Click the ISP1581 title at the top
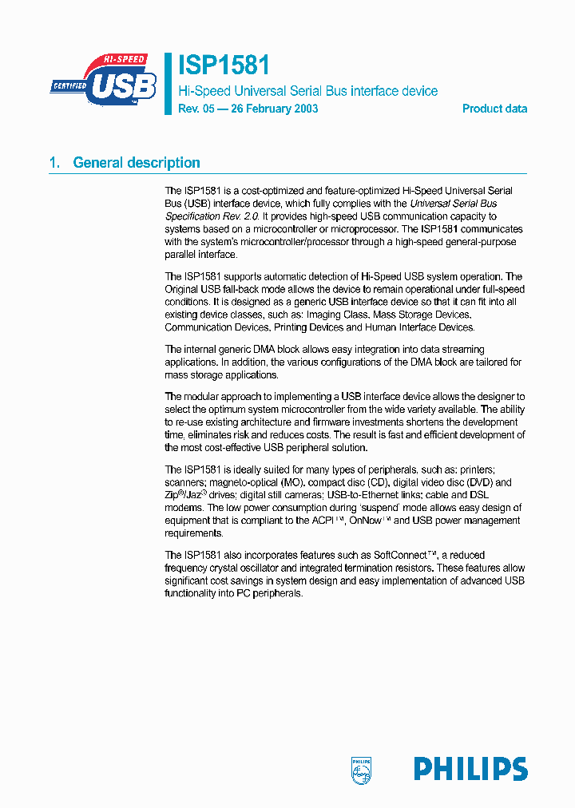tap(223, 65)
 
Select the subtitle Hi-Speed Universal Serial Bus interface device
tap(307, 91)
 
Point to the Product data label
tap(494, 109)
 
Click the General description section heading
tap(137, 163)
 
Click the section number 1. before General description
tap(54, 163)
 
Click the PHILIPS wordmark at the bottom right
tap(470, 770)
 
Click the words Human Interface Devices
tap(420, 327)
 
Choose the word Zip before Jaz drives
tap(172, 495)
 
